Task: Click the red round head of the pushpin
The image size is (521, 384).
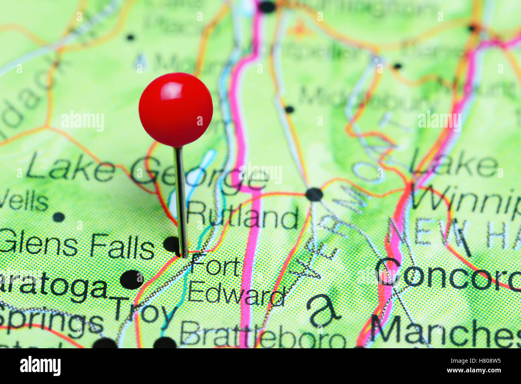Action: point(176,110)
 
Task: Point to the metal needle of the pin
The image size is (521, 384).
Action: point(181,201)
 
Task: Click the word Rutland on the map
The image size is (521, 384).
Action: point(243,217)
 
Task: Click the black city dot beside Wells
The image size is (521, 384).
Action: point(59,217)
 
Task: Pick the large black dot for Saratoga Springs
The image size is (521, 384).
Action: point(131,279)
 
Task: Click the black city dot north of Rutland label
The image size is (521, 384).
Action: point(314,195)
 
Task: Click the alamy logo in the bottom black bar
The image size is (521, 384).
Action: point(40,366)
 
